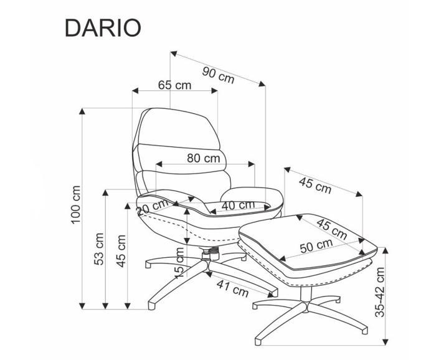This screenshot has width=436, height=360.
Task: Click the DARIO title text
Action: coord(103,28)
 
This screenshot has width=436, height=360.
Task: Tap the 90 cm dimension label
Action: coord(218,75)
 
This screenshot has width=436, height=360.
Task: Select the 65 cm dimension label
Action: coord(174,85)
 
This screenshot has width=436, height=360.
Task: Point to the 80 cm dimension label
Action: coord(204,158)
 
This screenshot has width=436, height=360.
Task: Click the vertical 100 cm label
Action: coord(75,205)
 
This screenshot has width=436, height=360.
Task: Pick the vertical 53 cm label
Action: coord(98,249)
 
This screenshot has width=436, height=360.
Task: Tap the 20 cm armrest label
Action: coord(153,207)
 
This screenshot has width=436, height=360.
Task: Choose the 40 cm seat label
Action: coord(238,205)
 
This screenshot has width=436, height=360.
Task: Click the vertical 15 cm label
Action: coord(179,263)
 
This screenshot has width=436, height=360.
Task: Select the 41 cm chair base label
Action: coord(232,288)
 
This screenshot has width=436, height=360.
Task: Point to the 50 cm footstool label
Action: coord(316,245)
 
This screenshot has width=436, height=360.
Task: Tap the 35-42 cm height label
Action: coord(380,292)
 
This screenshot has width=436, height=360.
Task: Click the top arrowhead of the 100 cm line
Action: coord(82,111)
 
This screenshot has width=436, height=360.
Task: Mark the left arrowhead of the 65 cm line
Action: coord(135,91)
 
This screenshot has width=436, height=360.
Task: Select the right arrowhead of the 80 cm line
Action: coord(252,164)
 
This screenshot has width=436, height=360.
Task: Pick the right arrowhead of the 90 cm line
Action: coord(262,83)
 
